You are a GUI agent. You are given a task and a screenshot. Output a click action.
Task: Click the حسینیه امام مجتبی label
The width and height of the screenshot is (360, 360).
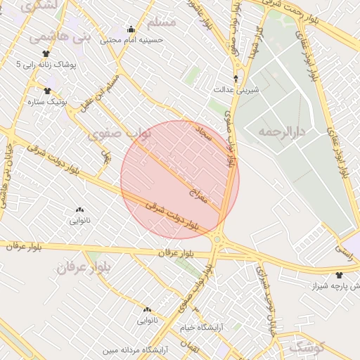(x=132, y=40)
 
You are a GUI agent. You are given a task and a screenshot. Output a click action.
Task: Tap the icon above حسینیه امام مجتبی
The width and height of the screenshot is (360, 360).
(x=131, y=29)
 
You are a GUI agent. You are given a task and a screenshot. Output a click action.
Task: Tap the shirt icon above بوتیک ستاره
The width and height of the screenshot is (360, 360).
(x=48, y=90)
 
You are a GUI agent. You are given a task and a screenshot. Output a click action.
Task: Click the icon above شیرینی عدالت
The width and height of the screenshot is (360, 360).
(x=236, y=79)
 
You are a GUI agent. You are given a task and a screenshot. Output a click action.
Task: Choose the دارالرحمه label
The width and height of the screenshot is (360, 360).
(x=279, y=131)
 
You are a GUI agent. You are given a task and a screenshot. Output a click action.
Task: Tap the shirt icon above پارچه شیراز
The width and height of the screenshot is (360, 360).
(x=340, y=275)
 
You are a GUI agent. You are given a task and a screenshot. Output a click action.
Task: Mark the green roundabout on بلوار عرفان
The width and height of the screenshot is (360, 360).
(x=217, y=240)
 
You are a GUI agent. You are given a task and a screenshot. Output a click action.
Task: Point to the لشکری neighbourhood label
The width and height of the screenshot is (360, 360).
(x=40, y=6)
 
